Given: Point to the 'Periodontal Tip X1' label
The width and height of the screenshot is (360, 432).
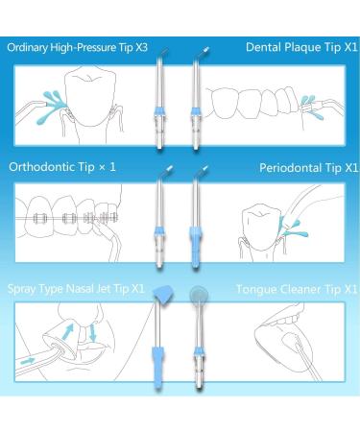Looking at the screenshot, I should pyautogui.click(x=304, y=166).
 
